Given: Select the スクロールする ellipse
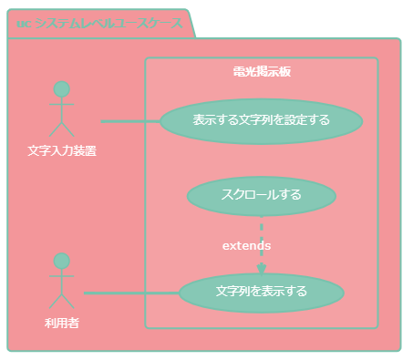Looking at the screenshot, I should tap(262, 195).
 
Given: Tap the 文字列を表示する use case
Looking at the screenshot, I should tap(262, 293).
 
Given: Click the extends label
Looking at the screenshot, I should tap(246, 246).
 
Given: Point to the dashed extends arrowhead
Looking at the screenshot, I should tap(262, 268).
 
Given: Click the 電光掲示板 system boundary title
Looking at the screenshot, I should tap(262, 71).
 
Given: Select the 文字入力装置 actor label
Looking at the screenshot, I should tap(62, 150).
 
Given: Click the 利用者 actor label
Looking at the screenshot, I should tap(62, 323).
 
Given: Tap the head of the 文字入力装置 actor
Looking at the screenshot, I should tap(62, 89).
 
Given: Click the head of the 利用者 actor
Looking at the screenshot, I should tap(62, 261).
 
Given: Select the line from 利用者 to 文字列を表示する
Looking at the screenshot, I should tap(131, 293).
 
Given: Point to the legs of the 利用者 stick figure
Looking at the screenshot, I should tap(62, 300).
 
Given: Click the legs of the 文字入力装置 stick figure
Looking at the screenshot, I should tap(62, 129).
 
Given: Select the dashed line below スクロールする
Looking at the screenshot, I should tap(262, 228).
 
